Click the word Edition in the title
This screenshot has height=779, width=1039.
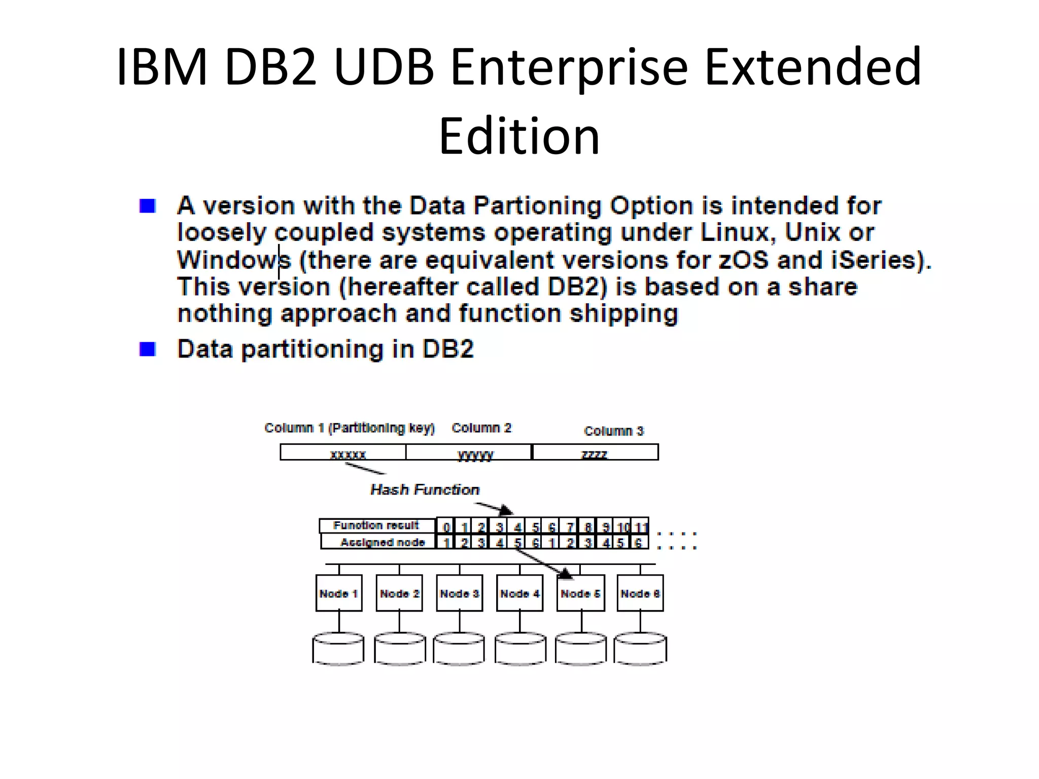click(519, 136)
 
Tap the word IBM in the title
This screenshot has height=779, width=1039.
click(162, 66)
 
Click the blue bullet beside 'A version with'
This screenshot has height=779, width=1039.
click(147, 206)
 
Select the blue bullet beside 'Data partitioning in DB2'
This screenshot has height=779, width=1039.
click(147, 349)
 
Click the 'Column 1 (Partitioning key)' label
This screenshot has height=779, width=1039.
click(350, 428)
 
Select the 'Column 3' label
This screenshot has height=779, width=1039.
click(613, 431)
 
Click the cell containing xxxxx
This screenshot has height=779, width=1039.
click(343, 452)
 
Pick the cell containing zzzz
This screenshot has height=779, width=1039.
click(595, 452)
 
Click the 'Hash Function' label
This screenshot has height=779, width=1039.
click(425, 489)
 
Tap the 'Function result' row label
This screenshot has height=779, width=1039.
click(376, 525)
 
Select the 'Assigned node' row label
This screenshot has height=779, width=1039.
click(383, 542)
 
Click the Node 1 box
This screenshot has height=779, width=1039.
click(339, 593)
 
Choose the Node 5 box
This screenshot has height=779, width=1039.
click(580, 593)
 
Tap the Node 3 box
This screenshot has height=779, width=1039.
click(460, 593)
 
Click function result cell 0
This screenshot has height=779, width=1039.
click(446, 526)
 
